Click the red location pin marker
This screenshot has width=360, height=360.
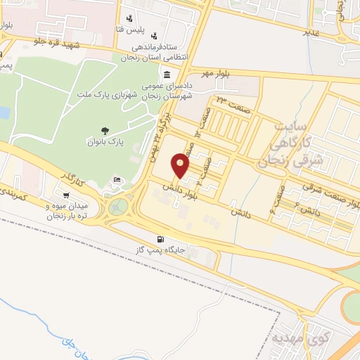tap(181, 166)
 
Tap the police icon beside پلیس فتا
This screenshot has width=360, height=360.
tap(128, 19)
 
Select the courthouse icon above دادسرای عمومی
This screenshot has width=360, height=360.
tap(166, 75)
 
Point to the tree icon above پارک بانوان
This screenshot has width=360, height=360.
tap(105, 130)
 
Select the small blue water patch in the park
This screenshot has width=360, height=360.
tap(4, 112)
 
